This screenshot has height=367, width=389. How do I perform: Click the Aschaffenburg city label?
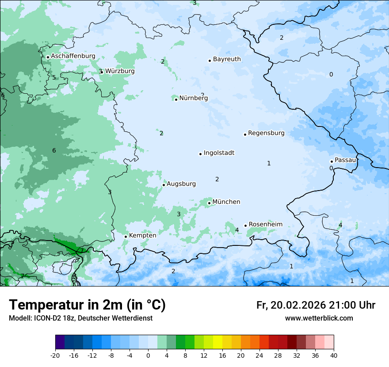click(x=73, y=56)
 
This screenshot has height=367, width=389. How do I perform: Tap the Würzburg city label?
click(x=120, y=71)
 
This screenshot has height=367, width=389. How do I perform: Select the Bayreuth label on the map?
click(x=227, y=59)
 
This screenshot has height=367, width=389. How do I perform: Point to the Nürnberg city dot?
click(x=176, y=99)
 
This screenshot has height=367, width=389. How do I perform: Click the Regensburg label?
click(x=266, y=133)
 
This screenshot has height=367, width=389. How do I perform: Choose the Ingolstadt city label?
click(x=219, y=153)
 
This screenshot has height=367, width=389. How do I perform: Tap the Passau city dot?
click(x=332, y=161)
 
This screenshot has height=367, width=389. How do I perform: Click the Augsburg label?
click(x=181, y=183)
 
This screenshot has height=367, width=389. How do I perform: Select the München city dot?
click(x=209, y=203)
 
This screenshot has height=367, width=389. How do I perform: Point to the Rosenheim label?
click(x=265, y=224)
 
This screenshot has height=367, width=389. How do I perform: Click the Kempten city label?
click(x=142, y=235)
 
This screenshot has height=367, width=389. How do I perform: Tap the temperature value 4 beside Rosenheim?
click(x=237, y=230)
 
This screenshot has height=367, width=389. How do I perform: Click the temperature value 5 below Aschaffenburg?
click(x=54, y=77)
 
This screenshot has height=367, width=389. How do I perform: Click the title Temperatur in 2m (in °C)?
click(x=87, y=305)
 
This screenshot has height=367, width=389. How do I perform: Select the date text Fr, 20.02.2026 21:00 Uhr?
click(x=316, y=305)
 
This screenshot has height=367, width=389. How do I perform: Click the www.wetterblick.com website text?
click(x=319, y=318)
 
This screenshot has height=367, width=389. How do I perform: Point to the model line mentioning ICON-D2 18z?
click(x=80, y=318)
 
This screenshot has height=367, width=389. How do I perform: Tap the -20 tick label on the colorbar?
click(x=55, y=355)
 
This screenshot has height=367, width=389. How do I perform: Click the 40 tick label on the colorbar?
click(x=334, y=355)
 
